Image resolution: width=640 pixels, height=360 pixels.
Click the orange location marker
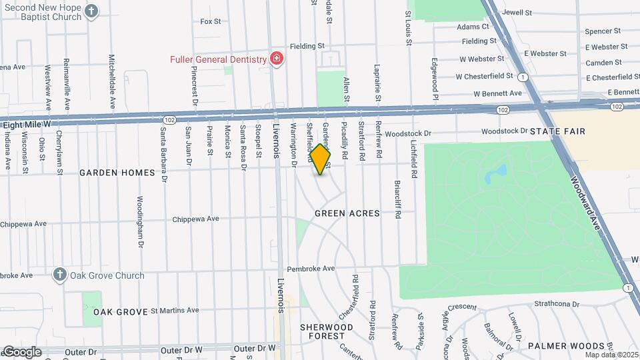321,159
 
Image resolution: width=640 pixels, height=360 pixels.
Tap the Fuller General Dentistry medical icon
276,59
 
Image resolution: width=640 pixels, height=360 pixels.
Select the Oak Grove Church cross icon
59,275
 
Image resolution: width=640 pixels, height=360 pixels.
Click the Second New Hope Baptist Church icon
92,11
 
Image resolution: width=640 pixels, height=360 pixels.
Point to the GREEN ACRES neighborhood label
347,214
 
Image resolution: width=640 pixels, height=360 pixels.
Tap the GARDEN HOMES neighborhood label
117,173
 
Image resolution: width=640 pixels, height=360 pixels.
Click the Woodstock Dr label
409,133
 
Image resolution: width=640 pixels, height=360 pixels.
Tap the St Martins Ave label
175,310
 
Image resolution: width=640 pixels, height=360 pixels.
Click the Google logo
22,352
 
